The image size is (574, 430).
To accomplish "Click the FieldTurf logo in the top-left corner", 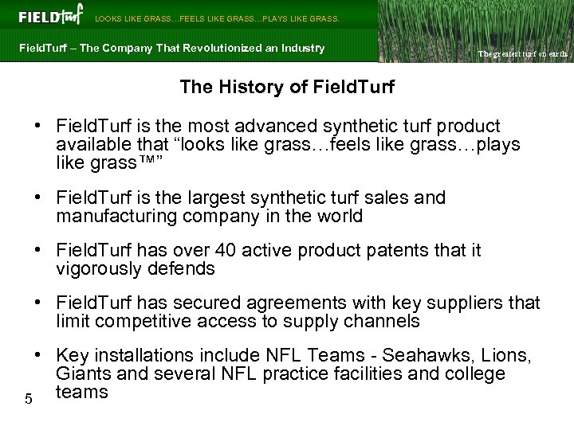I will pyautogui.click(x=49, y=16).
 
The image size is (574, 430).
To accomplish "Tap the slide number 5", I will pyautogui.click(x=28, y=399).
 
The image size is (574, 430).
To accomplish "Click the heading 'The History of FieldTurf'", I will pyautogui.click(x=286, y=86).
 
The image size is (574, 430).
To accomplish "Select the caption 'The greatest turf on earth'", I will pyautogui.click(x=521, y=54).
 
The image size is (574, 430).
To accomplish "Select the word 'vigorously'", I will pyautogui.click(x=99, y=269).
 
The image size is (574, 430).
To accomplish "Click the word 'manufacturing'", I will pyautogui.click(x=112, y=216).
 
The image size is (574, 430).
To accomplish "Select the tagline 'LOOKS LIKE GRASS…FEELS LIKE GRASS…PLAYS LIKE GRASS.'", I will pyautogui.click(x=217, y=18).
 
